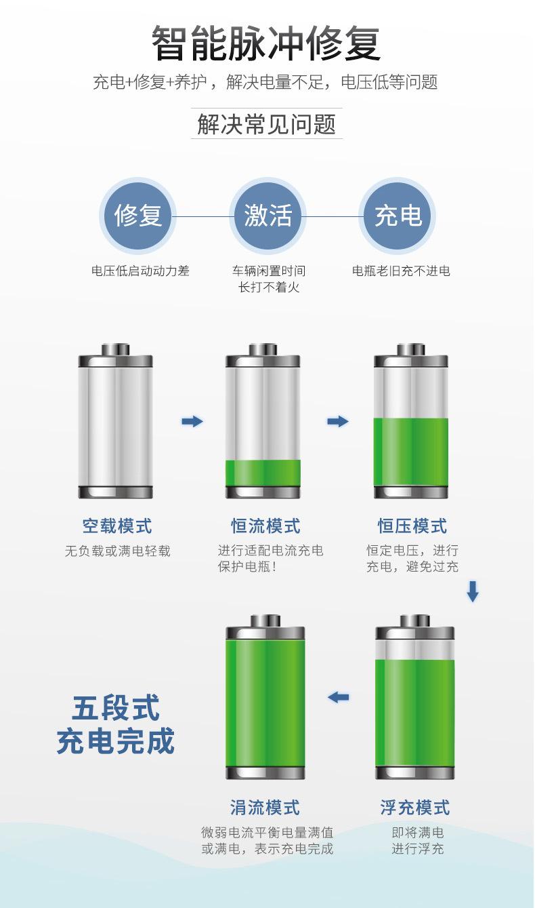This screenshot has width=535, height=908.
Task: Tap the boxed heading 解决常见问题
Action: click(267, 125)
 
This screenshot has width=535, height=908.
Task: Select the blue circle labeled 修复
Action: click(137, 216)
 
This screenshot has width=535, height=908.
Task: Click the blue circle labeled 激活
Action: click(267, 216)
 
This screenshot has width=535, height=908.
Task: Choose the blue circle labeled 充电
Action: click(398, 216)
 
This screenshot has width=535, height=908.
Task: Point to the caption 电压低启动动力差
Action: click(141, 271)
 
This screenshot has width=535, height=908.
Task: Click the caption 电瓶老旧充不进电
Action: click(401, 271)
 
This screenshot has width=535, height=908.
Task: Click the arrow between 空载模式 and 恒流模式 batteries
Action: click(192, 422)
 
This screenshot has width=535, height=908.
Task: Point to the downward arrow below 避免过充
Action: click(473, 591)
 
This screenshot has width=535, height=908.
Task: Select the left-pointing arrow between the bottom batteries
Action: click(338, 697)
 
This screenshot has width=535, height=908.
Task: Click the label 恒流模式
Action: click(265, 526)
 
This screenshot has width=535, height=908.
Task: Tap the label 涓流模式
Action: click(265, 808)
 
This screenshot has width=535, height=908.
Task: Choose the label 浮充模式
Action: click(415, 808)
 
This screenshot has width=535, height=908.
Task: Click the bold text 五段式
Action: click(115, 709)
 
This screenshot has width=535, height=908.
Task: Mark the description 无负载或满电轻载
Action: click(118, 551)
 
